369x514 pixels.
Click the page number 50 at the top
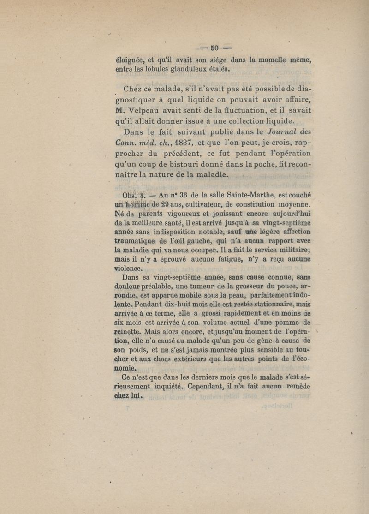[215, 48]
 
